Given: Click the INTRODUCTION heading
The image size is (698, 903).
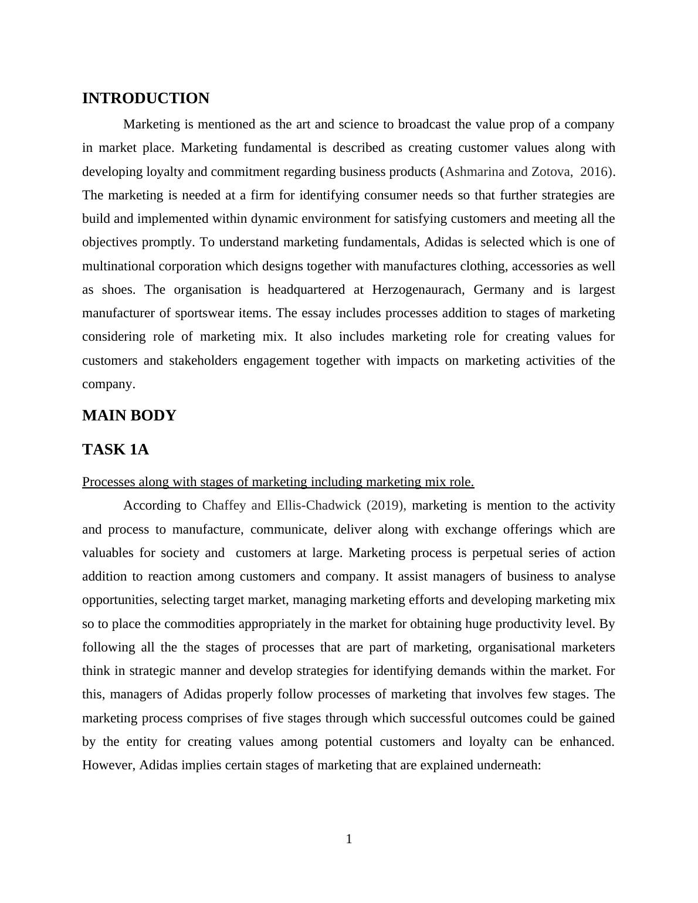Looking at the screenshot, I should coord(145,99).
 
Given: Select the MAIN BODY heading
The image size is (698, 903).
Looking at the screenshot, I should coord(129,416).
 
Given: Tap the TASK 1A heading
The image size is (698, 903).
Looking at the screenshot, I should coord(116,450).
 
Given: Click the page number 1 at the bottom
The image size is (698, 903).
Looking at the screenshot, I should coord(349,839).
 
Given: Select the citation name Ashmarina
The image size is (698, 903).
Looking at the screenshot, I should coord(470,172).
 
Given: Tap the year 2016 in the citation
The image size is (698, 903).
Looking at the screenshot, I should coord(593,172).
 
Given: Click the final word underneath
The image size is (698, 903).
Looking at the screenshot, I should coord(507,765).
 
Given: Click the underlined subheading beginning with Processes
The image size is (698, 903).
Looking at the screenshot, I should coord(278,482).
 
